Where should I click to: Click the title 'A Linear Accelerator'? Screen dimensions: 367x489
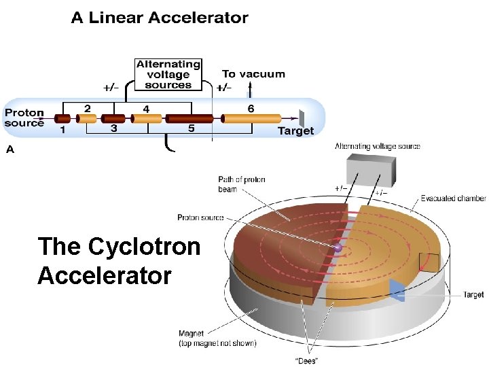[160, 18]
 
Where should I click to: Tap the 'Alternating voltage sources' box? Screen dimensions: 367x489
[168, 75]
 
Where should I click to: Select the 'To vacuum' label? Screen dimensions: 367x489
[253, 74]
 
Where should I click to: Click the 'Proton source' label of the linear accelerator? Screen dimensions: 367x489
[24, 118]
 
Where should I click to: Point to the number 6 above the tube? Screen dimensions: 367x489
[251, 108]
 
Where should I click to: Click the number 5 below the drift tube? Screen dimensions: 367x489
[191, 129]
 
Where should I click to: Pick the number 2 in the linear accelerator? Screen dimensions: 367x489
[87, 108]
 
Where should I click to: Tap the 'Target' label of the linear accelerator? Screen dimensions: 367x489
[295, 130]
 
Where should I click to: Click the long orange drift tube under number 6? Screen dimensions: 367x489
[252, 119]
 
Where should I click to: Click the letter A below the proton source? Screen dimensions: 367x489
[9, 149]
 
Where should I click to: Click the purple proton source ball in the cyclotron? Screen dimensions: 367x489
[338, 249]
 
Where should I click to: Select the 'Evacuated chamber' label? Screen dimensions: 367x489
[453, 198]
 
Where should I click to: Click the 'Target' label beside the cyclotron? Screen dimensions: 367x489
[473, 295]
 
